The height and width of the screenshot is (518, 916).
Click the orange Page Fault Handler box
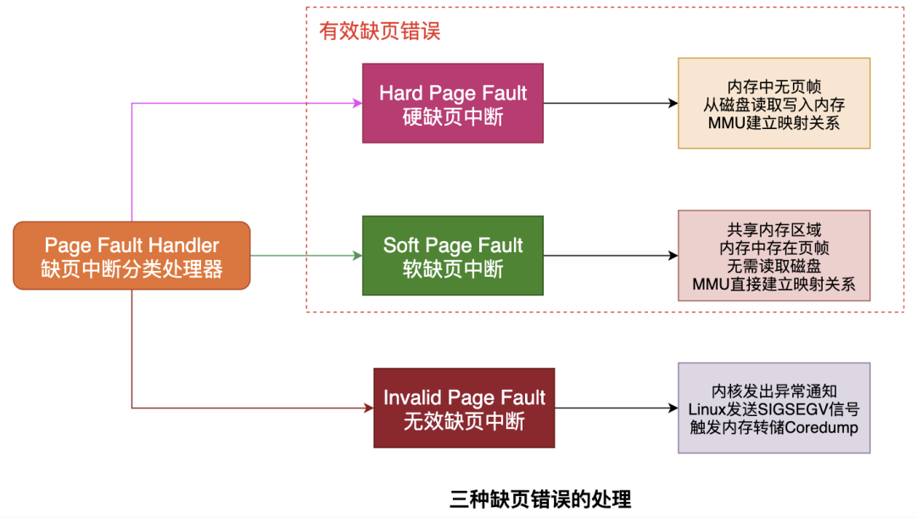[x=131, y=256]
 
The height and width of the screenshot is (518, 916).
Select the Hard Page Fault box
[x=453, y=103]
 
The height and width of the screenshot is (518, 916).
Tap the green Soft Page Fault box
[x=453, y=256]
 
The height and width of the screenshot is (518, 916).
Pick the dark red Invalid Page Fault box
[x=464, y=408]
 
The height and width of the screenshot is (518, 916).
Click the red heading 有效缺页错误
[x=379, y=31]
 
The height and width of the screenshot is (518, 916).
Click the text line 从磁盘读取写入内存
[x=774, y=104]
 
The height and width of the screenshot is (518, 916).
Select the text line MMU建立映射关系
[x=774, y=122]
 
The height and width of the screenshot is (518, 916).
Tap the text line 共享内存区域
[x=774, y=230]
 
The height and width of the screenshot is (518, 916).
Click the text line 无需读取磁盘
[x=774, y=267]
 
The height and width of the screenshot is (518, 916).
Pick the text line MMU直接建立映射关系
[x=774, y=284]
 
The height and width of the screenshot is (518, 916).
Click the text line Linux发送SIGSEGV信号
[x=774, y=409]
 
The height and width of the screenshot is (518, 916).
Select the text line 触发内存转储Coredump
[x=774, y=427]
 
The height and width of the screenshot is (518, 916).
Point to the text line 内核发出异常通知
[x=774, y=391]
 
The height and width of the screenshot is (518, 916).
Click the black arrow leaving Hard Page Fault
[x=611, y=104]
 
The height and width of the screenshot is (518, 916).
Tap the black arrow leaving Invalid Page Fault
[x=617, y=408]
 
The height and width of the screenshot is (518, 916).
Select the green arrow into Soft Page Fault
[x=305, y=256]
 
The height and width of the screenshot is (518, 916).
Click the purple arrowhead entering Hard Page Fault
[x=357, y=104]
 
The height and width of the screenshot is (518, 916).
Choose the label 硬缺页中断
[x=453, y=116]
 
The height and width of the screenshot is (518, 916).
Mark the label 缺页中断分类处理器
[x=131, y=269]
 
